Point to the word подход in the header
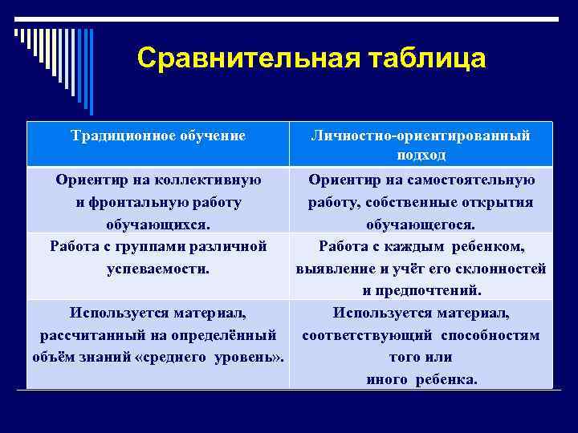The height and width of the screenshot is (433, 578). [x=421, y=155]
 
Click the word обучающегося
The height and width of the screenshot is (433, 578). [x=421, y=225]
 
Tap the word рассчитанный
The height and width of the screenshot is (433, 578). [x=89, y=334]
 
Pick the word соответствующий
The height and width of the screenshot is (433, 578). [x=357, y=334]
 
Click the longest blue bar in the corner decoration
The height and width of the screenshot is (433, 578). [x=91, y=72]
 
